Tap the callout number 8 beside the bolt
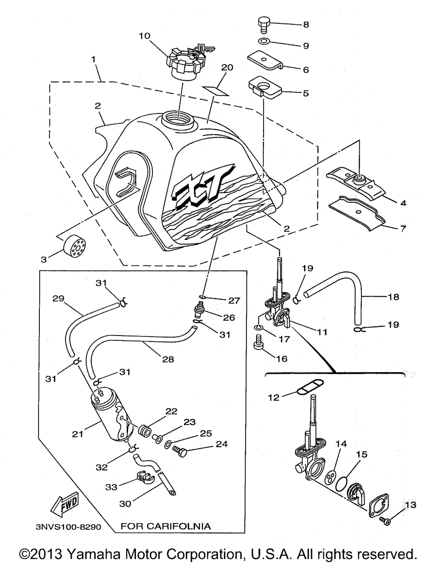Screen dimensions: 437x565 306,24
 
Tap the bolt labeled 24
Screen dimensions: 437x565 180,452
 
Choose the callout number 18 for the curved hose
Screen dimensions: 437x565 393,297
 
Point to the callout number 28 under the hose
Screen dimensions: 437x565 168,360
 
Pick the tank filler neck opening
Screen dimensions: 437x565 178,120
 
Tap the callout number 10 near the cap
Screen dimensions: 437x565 144,36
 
